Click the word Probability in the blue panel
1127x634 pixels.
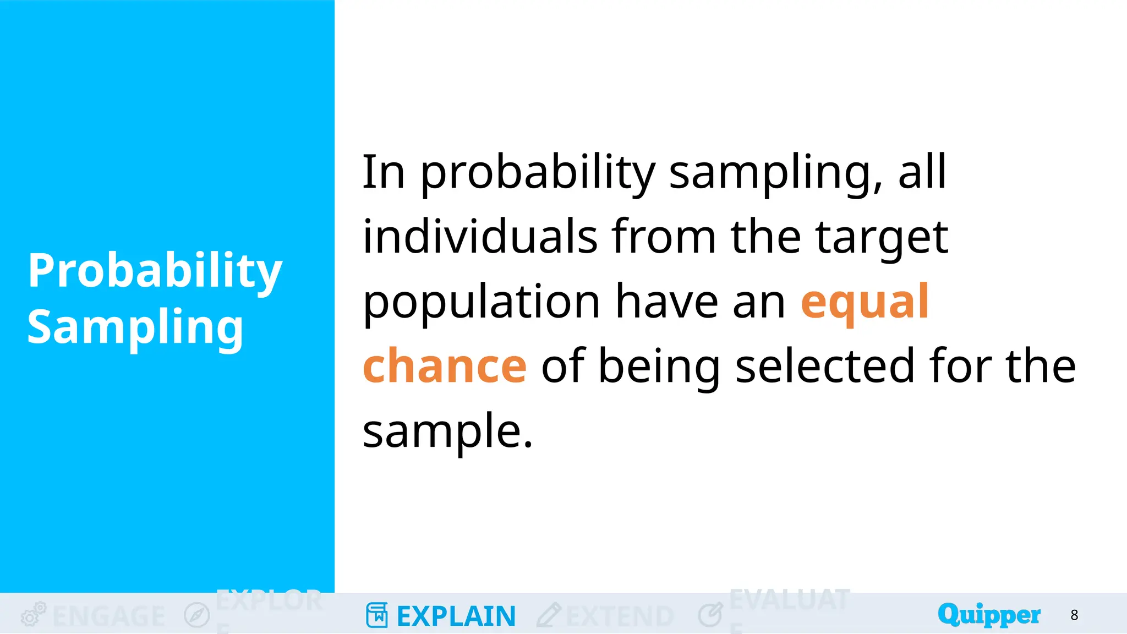click(x=155, y=271)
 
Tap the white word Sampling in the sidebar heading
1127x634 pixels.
click(x=135, y=327)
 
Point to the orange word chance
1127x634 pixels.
click(x=445, y=366)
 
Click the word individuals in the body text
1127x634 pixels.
click(x=480, y=237)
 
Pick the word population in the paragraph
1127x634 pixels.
click(x=481, y=303)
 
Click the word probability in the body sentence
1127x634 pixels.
click(x=538, y=173)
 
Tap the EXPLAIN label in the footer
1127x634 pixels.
click(x=456, y=616)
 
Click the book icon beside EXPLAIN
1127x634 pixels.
click(x=377, y=615)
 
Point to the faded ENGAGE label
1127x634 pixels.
click(x=108, y=616)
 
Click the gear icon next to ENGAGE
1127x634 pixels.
click(x=33, y=614)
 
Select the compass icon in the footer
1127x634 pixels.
click(x=196, y=615)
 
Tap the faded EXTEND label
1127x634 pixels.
click(x=620, y=616)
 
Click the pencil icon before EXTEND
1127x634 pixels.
click(x=549, y=615)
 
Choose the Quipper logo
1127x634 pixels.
click(x=989, y=614)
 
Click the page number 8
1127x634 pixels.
click(x=1074, y=615)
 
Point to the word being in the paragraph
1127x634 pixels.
click(x=659, y=367)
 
